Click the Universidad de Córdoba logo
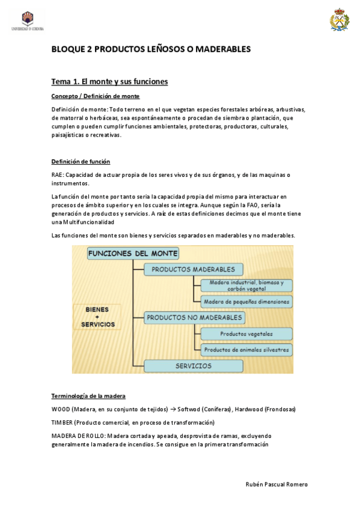click(28, 20)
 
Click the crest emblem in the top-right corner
click(338, 20)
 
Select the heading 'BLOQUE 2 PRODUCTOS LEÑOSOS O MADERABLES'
click(150, 49)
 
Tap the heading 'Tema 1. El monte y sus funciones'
click(109, 81)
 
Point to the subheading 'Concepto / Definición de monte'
click(96, 96)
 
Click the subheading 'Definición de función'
click(81, 162)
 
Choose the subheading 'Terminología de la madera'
click(88, 396)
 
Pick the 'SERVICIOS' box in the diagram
click(194, 366)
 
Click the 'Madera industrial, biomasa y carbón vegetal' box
click(246, 286)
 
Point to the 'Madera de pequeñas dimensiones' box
click(246, 301)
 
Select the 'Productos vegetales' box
click(246, 333)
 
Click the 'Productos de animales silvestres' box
click(246, 349)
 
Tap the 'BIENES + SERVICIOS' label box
click(97, 317)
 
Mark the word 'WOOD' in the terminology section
click(61, 410)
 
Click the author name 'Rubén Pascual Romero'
click(277, 484)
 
